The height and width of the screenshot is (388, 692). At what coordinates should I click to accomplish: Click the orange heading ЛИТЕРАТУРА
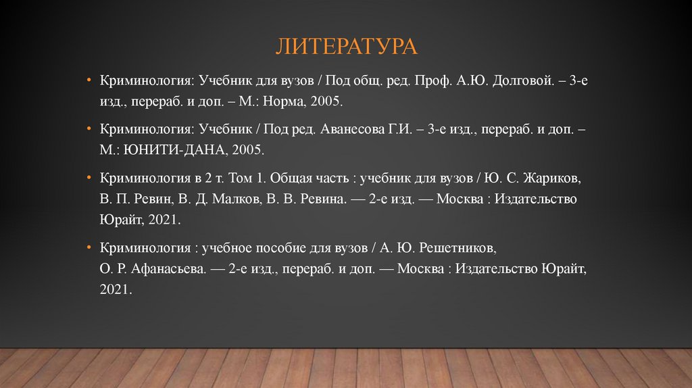click(345, 47)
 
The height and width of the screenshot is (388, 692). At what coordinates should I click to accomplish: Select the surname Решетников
click(461, 249)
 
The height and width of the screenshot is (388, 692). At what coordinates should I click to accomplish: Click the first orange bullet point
click(89, 80)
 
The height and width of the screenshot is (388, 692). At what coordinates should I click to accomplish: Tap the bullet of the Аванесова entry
click(89, 128)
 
